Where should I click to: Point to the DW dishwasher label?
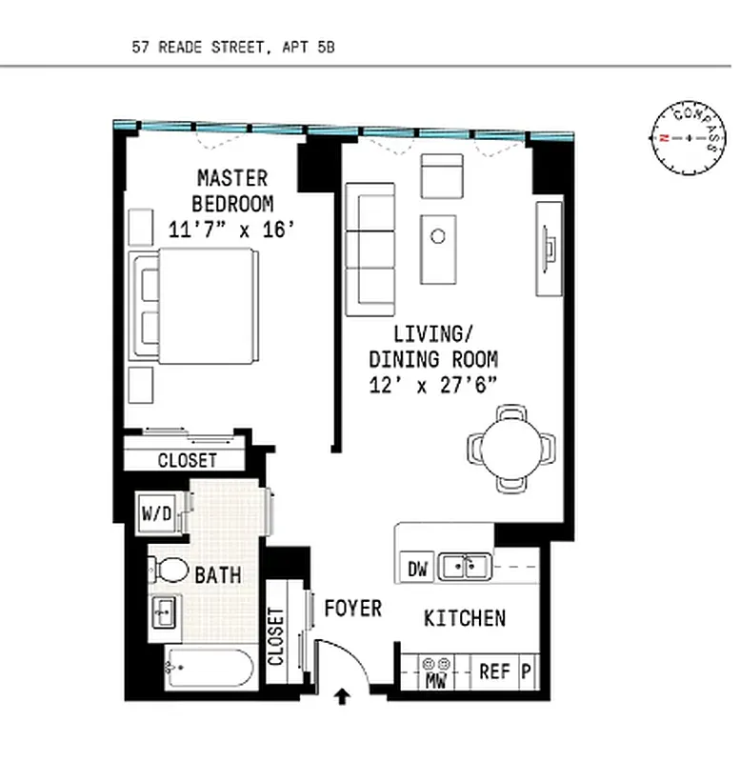coord(417,570)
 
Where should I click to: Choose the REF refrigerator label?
coord(494,672)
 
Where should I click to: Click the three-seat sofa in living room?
coord(370,250)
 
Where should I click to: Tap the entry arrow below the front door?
coord(342,700)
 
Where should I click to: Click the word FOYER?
coord(352,608)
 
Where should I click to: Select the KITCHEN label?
coord(464,618)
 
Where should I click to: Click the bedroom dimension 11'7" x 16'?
coord(232,229)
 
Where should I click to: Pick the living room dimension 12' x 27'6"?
coord(433,385)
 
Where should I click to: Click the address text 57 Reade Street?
coord(233,46)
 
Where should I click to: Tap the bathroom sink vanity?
coord(165,611)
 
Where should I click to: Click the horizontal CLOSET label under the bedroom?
coord(187,460)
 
